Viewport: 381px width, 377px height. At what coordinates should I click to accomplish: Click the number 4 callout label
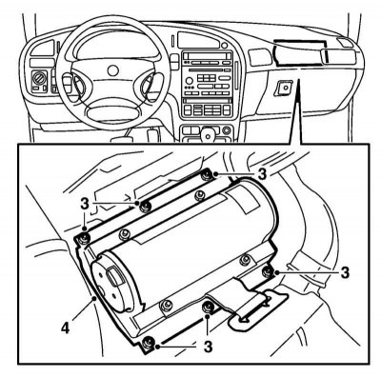(x=65, y=327)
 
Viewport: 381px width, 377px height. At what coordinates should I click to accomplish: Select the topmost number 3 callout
(x=262, y=173)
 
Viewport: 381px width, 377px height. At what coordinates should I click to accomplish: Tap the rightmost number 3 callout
(x=345, y=272)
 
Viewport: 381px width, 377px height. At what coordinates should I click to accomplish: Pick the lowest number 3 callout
(x=208, y=347)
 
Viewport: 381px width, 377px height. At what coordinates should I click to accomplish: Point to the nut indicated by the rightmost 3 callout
(x=269, y=271)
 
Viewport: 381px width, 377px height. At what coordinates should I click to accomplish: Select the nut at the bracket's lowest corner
(x=148, y=343)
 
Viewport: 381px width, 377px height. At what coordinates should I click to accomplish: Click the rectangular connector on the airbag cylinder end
(x=113, y=276)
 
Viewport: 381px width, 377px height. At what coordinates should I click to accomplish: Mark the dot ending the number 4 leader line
(x=93, y=298)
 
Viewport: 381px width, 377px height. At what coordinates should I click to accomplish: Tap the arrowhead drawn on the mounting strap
(x=245, y=319)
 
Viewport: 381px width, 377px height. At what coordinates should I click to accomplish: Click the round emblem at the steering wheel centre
(x=113, y=70)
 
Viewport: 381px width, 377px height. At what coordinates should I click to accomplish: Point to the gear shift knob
(x=208, y=133)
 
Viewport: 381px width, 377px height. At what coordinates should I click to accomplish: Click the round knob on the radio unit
(x=190, y=80)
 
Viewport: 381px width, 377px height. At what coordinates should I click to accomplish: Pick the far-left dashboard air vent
(x=42, y=49)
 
